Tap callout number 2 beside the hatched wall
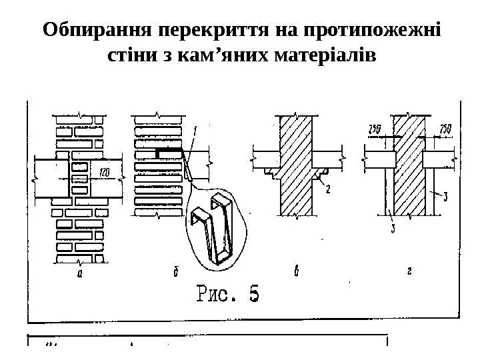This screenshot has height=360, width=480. point(329,189)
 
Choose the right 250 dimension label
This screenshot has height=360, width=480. point(446,128)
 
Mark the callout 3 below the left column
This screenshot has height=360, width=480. point(393,230)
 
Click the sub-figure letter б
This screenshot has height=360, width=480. point(175,272)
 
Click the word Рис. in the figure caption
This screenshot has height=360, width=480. point(213,294)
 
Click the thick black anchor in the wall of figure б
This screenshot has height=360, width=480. point(169,153)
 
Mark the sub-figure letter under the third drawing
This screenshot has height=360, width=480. point(295,272)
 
